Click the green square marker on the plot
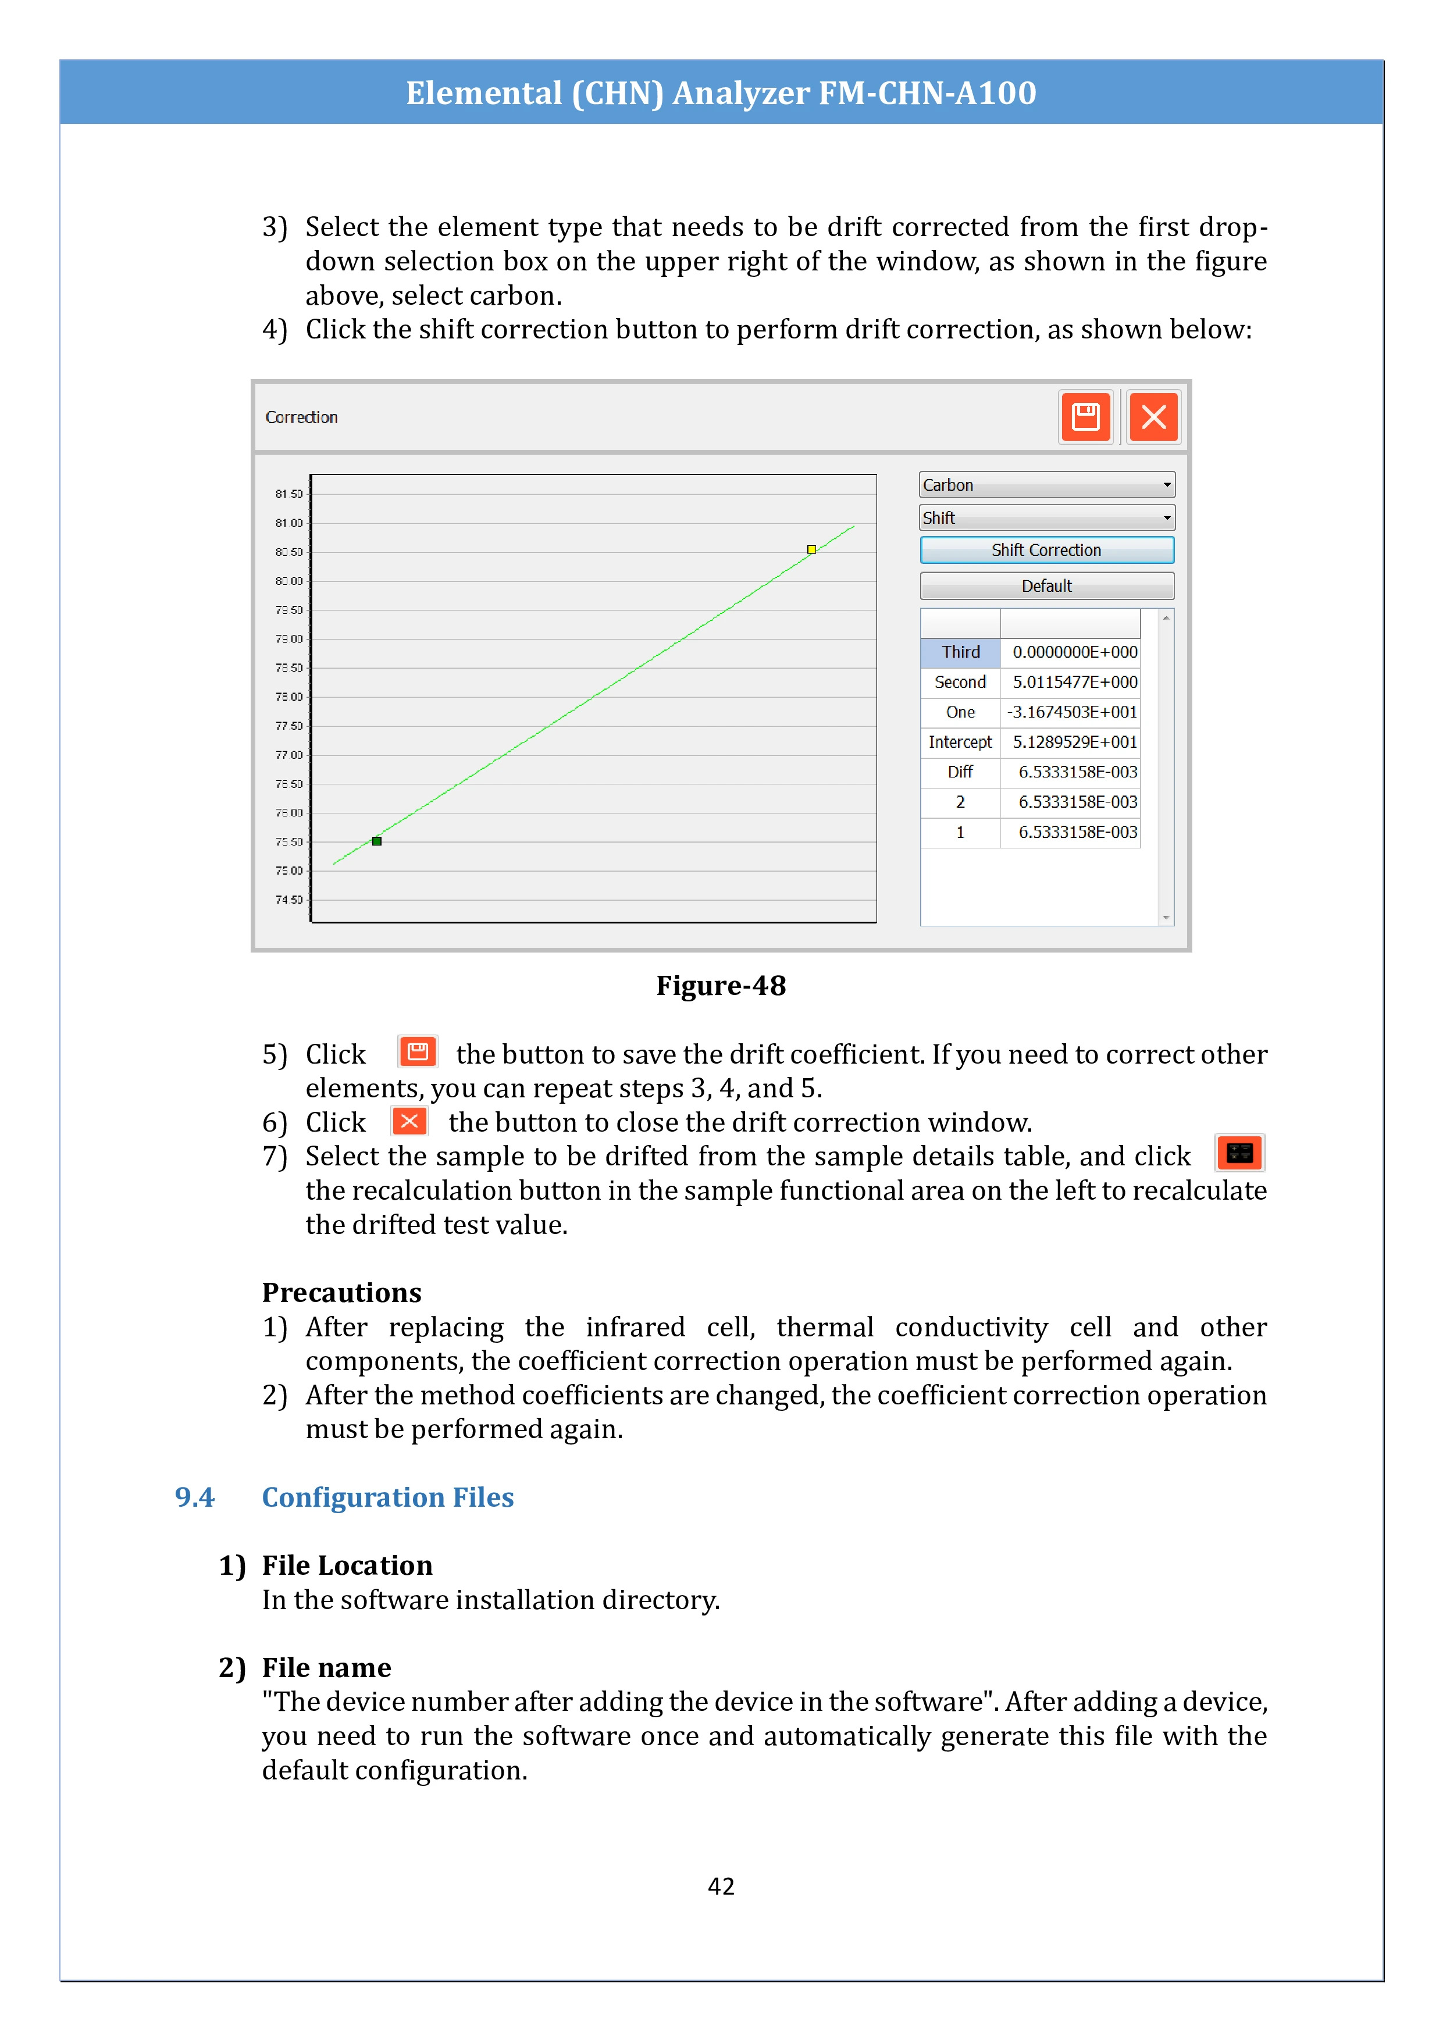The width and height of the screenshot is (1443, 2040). pyautogui.click(x=377, y=840)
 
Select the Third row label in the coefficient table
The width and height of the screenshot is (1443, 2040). pyautogui.click(x=960, y=652)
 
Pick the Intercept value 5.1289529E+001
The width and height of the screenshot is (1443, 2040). pyautogui.click(x=1074, y=742)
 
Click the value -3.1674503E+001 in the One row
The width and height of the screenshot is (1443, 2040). pyautogui.click(x=1071, y=712)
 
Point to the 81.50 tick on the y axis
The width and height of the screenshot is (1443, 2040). pyautogui.click(x=289, y=494)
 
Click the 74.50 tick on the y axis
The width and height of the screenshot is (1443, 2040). pyautogui.click(x=289, y=900)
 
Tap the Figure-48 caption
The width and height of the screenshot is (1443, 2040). pyautogui.click(x=721, y=985)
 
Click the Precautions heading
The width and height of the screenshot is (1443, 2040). pyautogui.click(x=341, y=1292)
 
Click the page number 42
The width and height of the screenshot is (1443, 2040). pyautogui.click(x=721, y=1886)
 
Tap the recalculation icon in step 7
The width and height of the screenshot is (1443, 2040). pyautogui.click(x=1239, y=1153)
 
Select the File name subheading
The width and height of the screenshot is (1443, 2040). pyautogui.click(x=326, y=1668)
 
